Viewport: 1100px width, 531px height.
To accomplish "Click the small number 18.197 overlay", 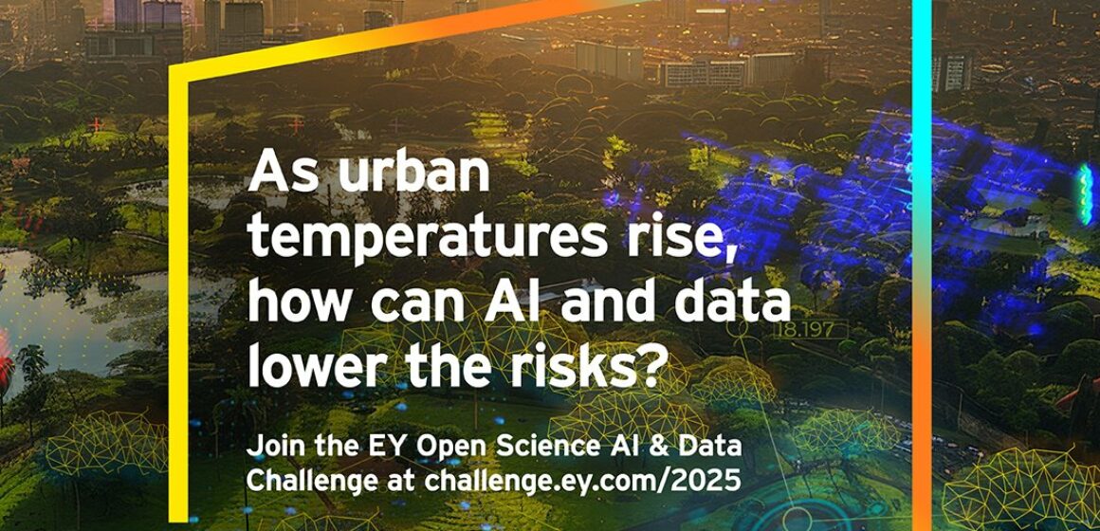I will pyautogui.click(x=798, y=331).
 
